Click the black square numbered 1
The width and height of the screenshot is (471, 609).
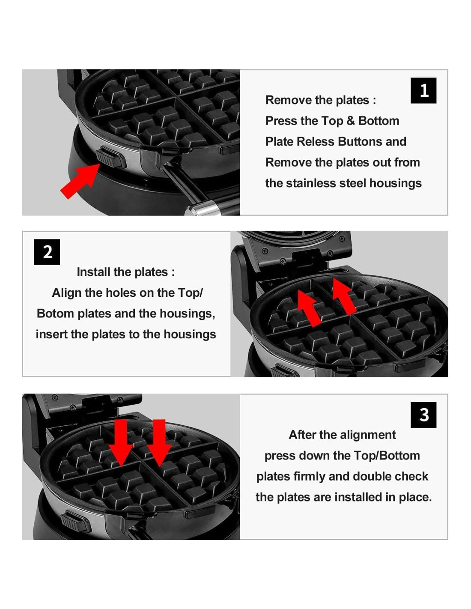click(x=423, y=90)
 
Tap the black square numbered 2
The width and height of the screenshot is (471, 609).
click(x=47, y=252)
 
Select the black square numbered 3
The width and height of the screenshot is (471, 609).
click(x=423, y=415)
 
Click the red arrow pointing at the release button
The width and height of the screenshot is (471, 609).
click(x=80, y=181)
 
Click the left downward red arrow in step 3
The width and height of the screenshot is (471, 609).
click(x=121, y=443)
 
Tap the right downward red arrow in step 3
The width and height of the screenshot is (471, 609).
click(x=159, y=443)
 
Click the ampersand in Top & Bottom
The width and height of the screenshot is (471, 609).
click(x=351, y=121)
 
